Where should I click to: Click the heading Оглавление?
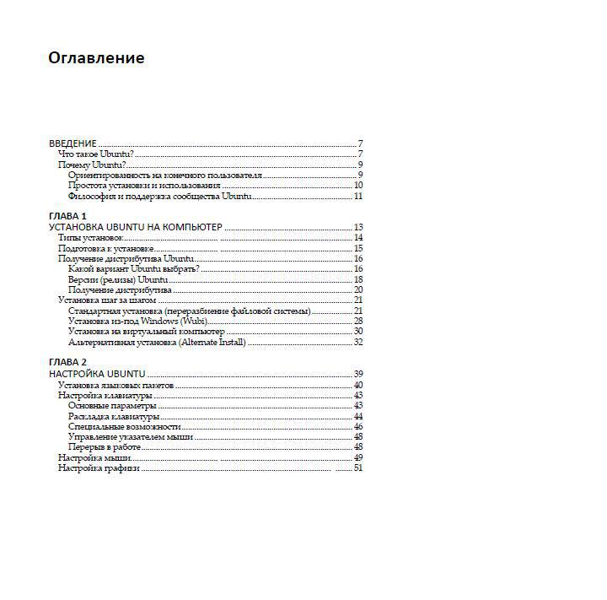tap(96, 58)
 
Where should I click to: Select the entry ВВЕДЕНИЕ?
tap(73, 143)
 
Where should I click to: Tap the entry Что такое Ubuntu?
tap(96, 154)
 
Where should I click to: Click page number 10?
tap(358, 186)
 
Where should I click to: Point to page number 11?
tap(358, 196)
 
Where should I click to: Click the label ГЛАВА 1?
tap(68, 216)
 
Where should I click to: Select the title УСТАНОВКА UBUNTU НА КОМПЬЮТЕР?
tap(136, 227)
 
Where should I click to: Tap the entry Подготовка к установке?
tap(105, 248)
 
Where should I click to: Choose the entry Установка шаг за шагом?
tap(107, 300)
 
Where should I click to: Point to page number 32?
tap(358, 342)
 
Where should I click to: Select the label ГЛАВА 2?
tap(68, 362)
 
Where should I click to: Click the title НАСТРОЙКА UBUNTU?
tap(98, 373)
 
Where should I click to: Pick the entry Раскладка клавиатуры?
tap(113, 416)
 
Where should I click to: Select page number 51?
tap(358, 468)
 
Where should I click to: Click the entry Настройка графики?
tap(99, 468)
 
